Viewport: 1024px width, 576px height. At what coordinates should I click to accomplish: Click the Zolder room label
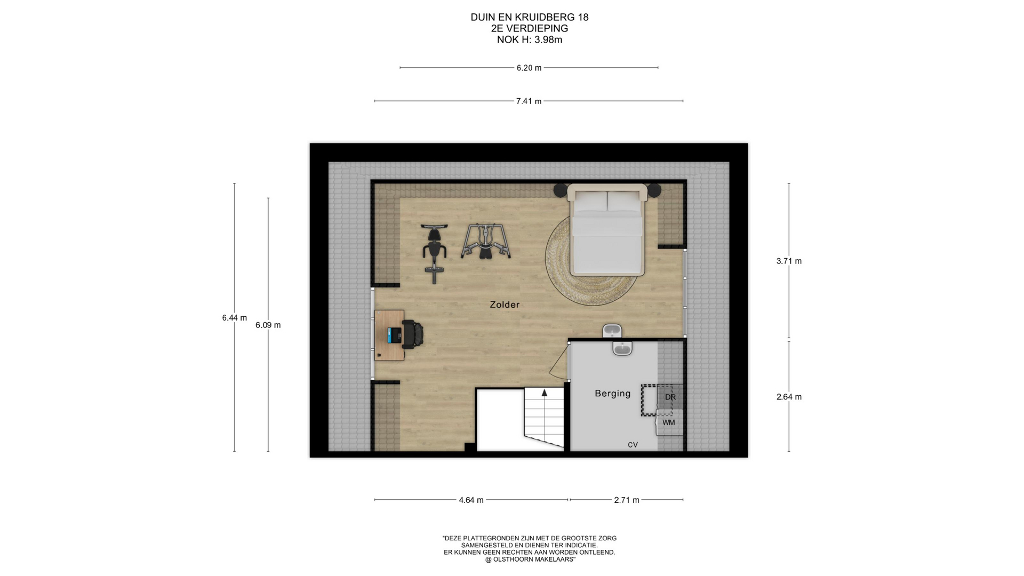click(505, 305)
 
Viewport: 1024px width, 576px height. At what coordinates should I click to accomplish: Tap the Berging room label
click(613, 394)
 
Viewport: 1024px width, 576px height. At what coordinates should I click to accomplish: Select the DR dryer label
click(670, 397)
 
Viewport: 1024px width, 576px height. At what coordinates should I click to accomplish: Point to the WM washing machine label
click(669, 422)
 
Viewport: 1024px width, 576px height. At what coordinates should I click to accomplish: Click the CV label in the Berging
click(633, 445)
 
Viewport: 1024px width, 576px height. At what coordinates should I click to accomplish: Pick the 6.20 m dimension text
click(529, 68)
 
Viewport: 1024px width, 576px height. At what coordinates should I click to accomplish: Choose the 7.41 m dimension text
click(529, 101)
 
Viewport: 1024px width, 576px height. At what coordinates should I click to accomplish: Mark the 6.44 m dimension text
click(235, 318)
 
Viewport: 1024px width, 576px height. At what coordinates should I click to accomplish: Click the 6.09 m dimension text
click(268, 325)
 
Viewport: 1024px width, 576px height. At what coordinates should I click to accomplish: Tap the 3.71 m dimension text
click(789, 261)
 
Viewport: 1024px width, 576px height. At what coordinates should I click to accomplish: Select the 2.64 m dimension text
click(789, 397)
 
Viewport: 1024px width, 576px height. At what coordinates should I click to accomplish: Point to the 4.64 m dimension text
click(471, 500)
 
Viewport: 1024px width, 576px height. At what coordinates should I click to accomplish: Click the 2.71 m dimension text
click(627, 500)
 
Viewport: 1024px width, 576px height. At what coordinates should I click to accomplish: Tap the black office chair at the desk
click(412, 335)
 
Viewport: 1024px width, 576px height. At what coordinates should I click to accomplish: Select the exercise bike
click(434, 253)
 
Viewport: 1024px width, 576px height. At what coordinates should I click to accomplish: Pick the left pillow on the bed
click(590, 201)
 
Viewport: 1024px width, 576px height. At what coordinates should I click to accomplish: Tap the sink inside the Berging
click(622, 349)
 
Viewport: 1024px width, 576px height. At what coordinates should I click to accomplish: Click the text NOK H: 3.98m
click(529, 40)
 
